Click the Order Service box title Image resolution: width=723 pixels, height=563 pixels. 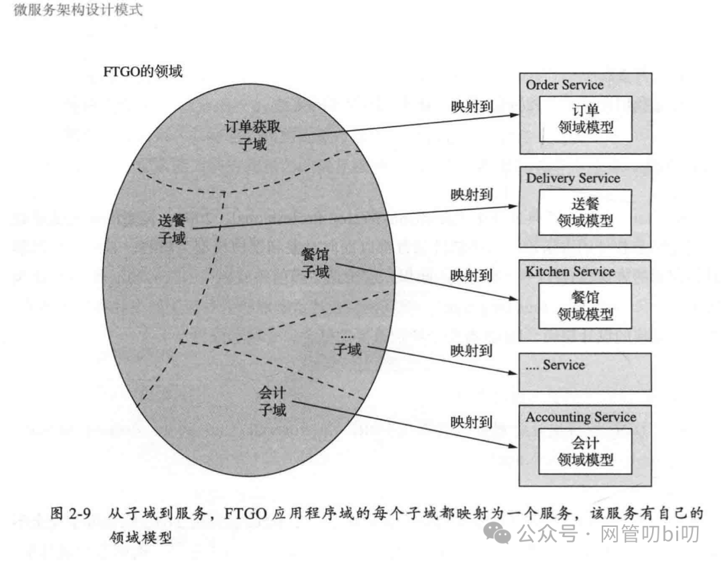(x=564, y=85)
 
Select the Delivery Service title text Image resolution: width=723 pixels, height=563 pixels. (x=572, y=178)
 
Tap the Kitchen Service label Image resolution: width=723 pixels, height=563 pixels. (x=570, y=271)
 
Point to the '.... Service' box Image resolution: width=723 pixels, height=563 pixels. (x=585, y=372)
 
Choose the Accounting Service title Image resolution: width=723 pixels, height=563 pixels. (x=580, y=417)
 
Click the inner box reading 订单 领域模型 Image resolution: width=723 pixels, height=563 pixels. (x=586, y=118)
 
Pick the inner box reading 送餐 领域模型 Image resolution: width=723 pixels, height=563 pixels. (x=586, y=212)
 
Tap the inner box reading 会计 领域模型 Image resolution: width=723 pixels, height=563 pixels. (x=586, y=451)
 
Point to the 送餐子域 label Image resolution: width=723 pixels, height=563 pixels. (x=172, y=228)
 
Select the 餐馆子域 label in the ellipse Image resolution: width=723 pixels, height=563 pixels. (x=315, y=263)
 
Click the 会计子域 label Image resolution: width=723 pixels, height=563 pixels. (x=272, y=400)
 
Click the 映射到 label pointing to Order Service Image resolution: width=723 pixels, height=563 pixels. (x=472, y=106)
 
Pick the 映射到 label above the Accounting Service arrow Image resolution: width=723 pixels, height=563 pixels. (x=472, y=422)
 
